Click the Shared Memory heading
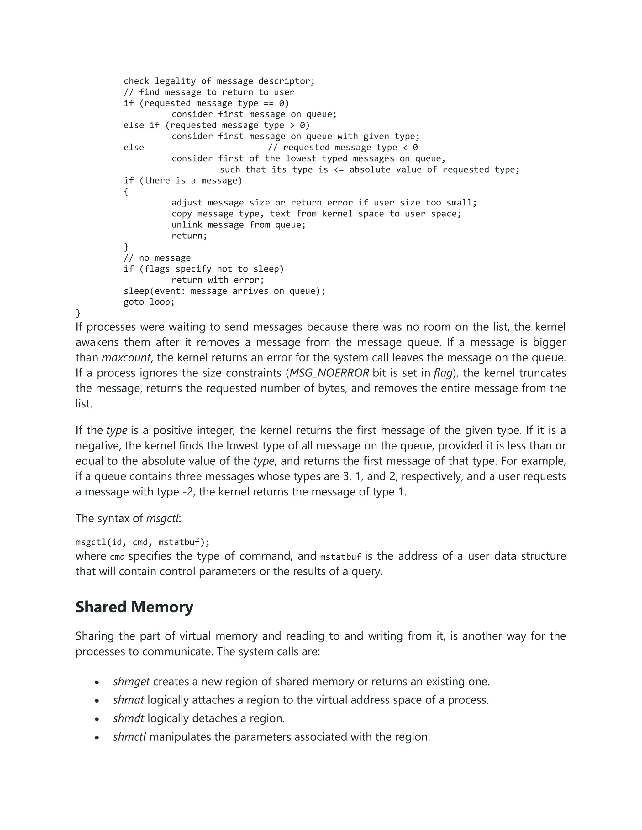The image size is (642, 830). pos(134,607)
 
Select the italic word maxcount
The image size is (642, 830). pos(126,358)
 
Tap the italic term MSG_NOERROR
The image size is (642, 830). pos(329,373)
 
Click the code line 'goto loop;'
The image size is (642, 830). pos(149,302)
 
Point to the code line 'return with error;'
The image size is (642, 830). pos(218,280)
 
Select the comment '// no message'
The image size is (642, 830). pos(157,258)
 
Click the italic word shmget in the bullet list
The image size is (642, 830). pos(131,682)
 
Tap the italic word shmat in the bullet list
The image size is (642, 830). pos(129,700)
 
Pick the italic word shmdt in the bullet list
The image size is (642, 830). pos(129,718)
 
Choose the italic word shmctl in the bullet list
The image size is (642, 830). pos(129,737)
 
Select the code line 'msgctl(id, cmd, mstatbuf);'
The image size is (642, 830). pos(143,542)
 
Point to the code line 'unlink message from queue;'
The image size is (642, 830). pos(239,225)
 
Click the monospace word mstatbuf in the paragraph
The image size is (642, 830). pos(340,557)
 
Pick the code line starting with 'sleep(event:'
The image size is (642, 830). pos(224,291)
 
